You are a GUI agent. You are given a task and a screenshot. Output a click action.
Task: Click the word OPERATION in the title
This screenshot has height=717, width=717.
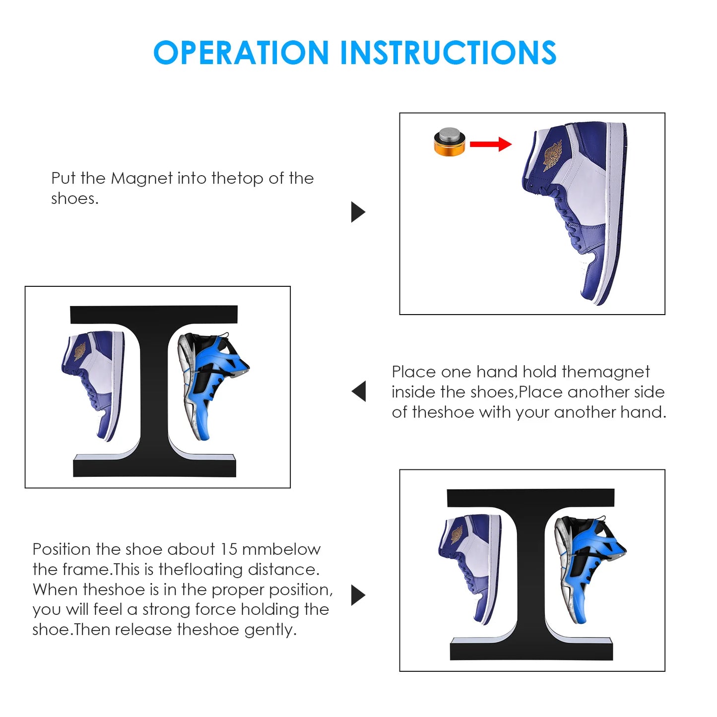coord(241,53)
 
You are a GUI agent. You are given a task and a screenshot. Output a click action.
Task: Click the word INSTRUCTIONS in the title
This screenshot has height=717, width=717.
coord(449,53)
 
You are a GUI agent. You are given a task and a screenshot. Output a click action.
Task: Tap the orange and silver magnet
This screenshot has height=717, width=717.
coord(450,142)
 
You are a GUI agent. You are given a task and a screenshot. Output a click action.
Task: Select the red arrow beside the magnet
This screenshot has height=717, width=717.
coord(491,144)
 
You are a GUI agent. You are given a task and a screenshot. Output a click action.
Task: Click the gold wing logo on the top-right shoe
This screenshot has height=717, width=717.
coord(552,155)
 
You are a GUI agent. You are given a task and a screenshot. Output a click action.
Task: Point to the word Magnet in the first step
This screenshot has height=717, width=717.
coord(142,179)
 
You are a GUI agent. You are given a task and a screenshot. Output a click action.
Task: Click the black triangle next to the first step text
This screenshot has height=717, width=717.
coord(358,212)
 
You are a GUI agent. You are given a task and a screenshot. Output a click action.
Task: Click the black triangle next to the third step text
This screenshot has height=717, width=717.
coord(358,595)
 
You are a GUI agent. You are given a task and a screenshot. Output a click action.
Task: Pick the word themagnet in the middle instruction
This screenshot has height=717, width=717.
coord(606,372)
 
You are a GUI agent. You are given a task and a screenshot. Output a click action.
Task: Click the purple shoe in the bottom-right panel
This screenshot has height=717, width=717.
coord(469,570)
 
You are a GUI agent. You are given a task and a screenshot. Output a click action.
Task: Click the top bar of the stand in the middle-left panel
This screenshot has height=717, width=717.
coord(154,315)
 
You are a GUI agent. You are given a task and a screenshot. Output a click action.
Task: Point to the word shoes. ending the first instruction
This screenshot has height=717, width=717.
coord(75,199)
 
